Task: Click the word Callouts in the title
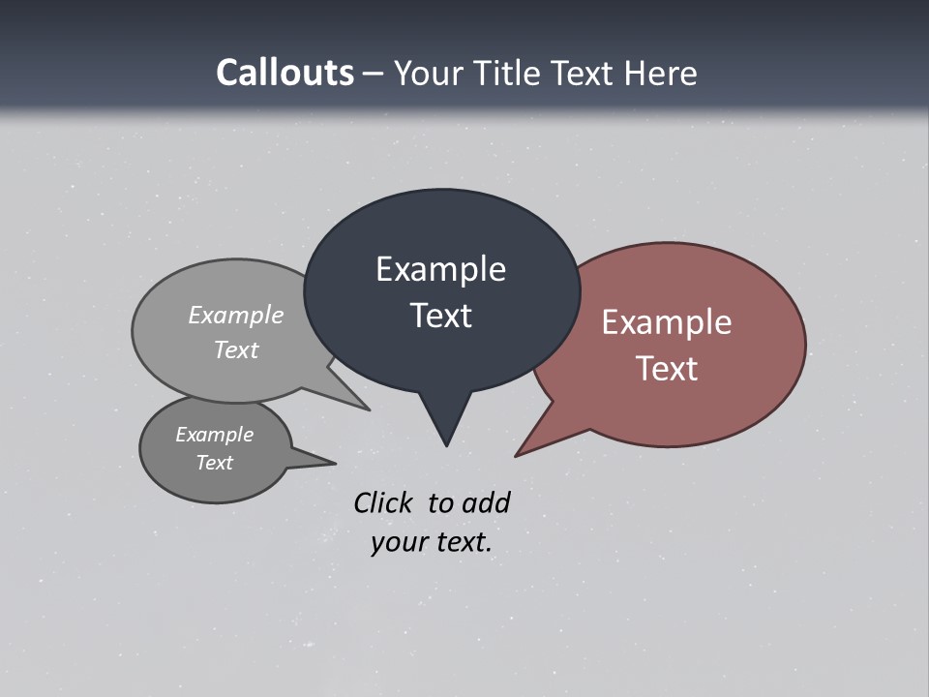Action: pyautogui.click(x=285, y=73)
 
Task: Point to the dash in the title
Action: pyautogui.click(x=374, y=74)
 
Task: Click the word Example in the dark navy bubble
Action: pyautogui.click(x=440, y=269)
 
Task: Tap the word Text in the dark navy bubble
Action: pyautogui.click(x=440, y=316)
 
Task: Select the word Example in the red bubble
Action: pyautogui.click(x=667, y=322)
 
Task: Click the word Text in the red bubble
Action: pyautogui.click(x=667, y=369)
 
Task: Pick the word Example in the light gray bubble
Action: pyautogui.click(x=236, y=315)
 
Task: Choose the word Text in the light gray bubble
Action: pyautogui.click(x=236, y=349)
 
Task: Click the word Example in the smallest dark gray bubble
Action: pyautogui.click(x=215, y=435)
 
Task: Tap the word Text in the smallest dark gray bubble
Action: pyautogui.click(x=215, y=463)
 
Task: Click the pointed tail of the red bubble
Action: pyautogui.click(x=524, y=450)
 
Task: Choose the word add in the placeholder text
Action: pyautogui.click(x=485, y=502)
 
